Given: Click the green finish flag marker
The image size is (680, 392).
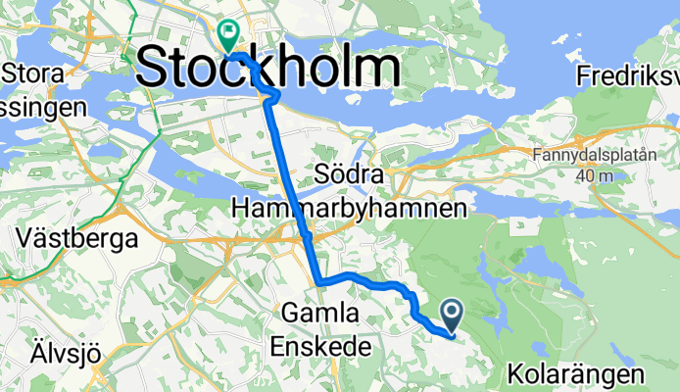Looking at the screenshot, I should click(228, 36).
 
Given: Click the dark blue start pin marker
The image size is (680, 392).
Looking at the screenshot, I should click(453, 315).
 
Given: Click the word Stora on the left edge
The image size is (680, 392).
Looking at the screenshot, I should click(33, 73).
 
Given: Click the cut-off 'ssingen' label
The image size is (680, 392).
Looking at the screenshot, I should click(44, 108).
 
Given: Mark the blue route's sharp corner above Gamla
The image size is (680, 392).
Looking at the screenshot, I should click(319, 282).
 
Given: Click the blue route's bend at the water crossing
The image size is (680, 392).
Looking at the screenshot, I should click(270, 94).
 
